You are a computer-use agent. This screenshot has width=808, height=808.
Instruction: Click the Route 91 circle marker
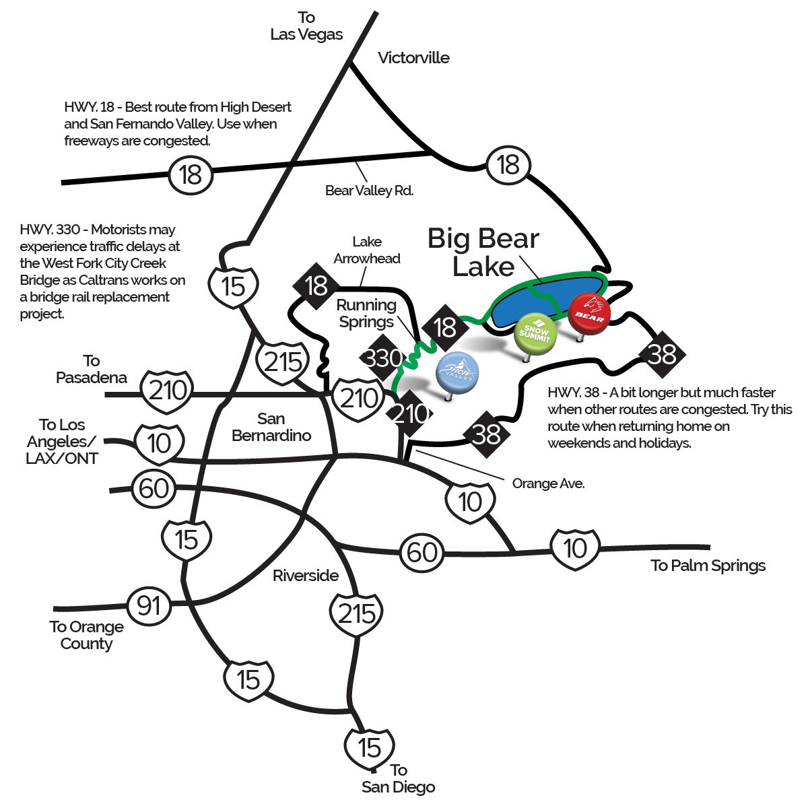(149, 605)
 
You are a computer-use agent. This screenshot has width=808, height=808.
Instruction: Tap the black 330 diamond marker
(382, 358)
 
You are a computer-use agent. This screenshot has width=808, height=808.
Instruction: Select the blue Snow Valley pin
(457, 372)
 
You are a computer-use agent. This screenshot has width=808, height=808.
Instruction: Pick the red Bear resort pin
(589, 311)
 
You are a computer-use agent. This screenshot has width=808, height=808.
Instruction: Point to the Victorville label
(413, 58)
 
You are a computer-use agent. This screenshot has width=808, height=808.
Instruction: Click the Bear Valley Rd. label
(369, 191)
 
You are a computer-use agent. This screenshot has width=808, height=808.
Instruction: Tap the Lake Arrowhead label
(367, 250)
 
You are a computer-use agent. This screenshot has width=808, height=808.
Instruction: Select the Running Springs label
(366, 313)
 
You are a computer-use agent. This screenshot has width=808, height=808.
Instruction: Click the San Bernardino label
(271, 427)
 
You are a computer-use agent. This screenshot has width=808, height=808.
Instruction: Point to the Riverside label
(306, 576)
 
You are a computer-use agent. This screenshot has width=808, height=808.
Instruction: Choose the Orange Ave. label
(548, 483)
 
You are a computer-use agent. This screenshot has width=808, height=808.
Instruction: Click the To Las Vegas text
(306, 26)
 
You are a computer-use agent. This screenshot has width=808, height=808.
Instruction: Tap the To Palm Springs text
(708, 566)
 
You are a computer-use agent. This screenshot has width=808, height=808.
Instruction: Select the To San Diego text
(398, 778)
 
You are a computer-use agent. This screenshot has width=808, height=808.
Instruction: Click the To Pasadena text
(92, 370)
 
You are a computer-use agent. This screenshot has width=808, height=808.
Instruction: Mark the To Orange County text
(86, 635)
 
